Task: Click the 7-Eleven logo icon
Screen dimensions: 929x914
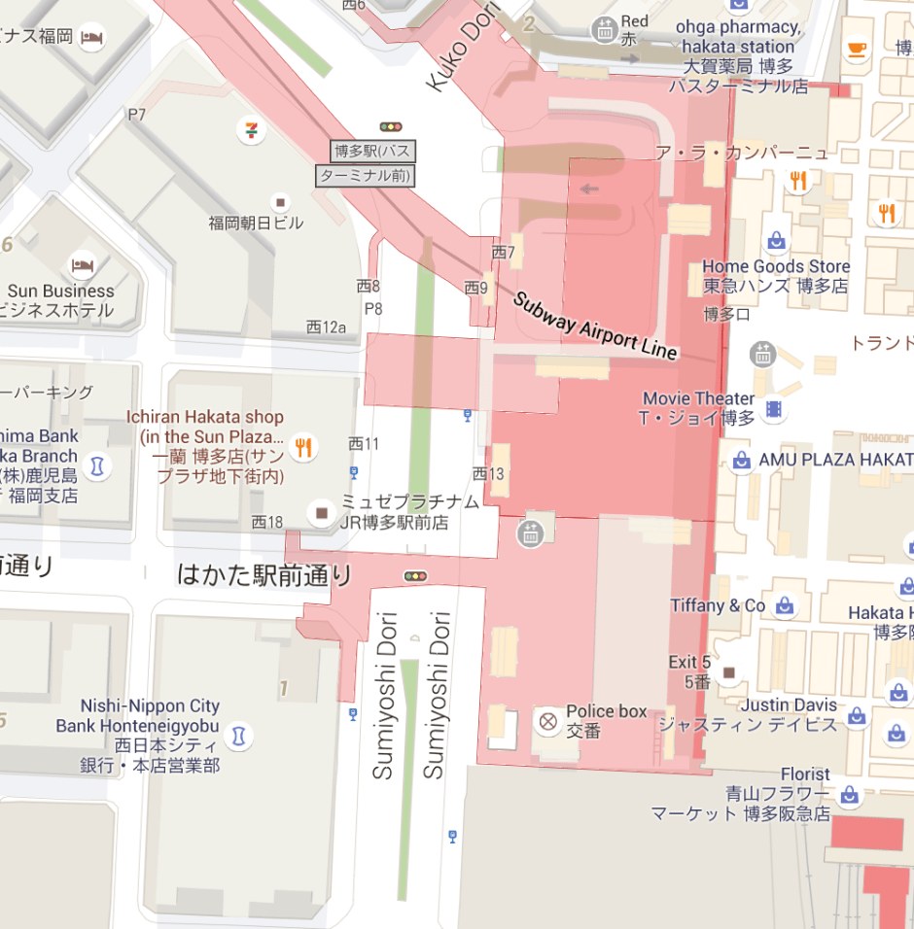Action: [253, 128]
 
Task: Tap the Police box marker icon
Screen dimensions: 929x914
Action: [548, 721]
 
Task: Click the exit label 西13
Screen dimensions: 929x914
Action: [488, 473]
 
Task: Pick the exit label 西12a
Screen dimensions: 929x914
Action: [326, 327]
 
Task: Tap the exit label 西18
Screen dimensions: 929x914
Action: [266, 522]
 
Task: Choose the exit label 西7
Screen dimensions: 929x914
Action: [503, 253]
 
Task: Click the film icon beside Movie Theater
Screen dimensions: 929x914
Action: [773, 409]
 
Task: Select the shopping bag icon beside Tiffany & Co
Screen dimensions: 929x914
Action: [785, 605]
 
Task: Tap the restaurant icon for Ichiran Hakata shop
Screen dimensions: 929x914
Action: [304, 447]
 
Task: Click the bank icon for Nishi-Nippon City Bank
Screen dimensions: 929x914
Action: [236, 737]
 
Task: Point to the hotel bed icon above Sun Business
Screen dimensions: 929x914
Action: [83, 264]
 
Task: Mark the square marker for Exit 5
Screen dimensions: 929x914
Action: [728, 671]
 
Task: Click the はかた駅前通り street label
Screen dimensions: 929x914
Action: [264, 574]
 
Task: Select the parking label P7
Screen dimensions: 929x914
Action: [136, 115]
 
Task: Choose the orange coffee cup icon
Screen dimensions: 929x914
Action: [856, 50]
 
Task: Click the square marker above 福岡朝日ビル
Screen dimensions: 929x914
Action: [281, 202]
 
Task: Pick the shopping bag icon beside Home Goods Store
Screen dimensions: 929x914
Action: [776, 239]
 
